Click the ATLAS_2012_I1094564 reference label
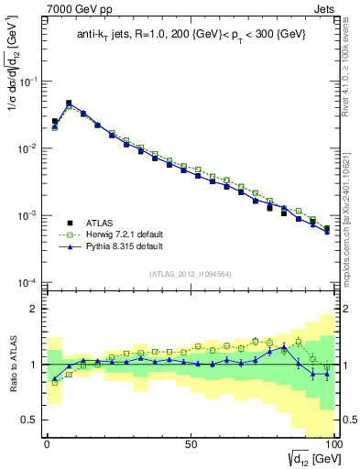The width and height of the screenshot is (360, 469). point(189,273)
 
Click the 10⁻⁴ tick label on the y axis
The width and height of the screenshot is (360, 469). point(27,282)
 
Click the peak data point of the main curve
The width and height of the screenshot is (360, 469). point(69,104)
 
